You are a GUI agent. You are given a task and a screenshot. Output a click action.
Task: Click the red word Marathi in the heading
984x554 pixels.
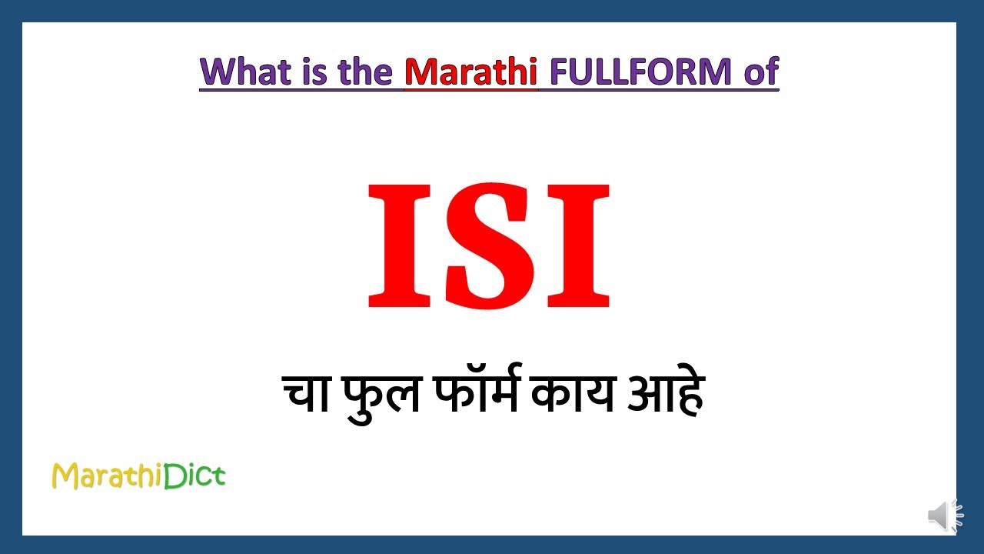click(x=470, y=72)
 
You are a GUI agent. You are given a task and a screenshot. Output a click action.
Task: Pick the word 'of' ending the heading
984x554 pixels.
click(x=761, y=72)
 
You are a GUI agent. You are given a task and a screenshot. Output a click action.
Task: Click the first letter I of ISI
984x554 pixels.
click(x=397, y=245)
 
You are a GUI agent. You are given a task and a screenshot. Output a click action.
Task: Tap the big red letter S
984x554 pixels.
click(x=489, y=245)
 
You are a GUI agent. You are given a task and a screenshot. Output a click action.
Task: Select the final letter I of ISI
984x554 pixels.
click(x=581, y=245)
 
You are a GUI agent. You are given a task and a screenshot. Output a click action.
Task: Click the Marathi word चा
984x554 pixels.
click(x=305, y=394)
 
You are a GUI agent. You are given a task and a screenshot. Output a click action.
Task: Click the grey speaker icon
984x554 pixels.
click(x=944, y=515)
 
